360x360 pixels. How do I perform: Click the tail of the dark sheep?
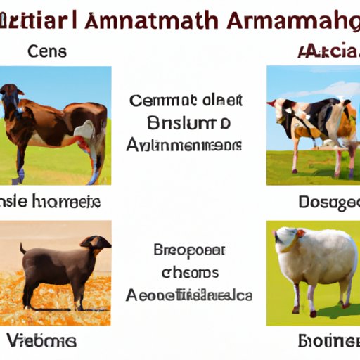23,249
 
